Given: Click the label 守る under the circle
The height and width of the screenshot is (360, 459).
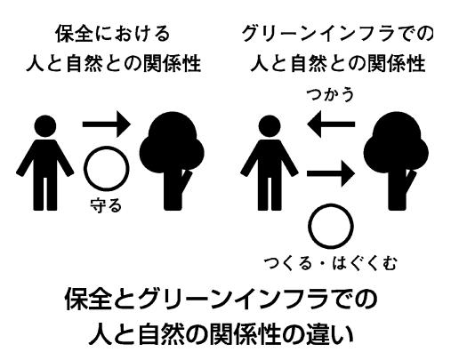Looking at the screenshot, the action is point(106,205).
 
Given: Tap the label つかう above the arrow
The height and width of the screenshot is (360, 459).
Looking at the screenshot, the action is point(330,95).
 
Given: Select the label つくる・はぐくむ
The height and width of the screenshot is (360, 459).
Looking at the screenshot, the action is point(330,263).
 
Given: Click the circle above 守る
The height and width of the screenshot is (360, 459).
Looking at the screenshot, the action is point(85,168).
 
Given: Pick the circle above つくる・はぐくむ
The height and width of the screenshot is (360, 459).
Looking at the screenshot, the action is point(309,226).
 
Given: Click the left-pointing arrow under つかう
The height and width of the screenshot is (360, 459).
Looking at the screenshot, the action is point(331,124).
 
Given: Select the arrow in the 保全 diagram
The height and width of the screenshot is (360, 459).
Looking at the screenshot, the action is point(107,124).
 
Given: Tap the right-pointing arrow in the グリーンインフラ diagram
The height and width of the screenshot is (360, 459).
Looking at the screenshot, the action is point(331,173).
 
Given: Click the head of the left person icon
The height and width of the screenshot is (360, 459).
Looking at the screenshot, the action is point(45,126).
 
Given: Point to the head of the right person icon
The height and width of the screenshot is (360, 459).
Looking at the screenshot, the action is point(270,126).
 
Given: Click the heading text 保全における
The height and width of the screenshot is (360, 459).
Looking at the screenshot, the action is point(113,34).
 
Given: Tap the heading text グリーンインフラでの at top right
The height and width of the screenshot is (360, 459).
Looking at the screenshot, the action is point(338,34).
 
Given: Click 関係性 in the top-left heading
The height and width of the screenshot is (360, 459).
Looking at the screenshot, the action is point(173,63).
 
